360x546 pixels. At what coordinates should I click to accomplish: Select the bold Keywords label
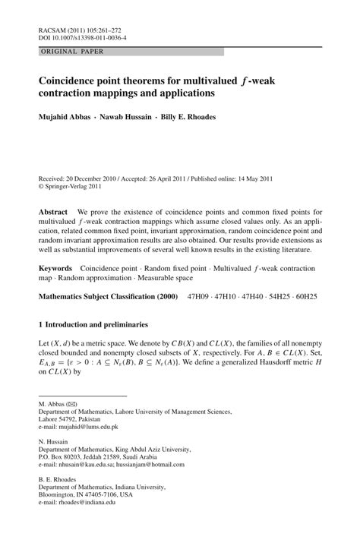(x=55, y=269)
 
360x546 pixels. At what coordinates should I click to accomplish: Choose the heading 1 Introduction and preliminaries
(x=98, y=324)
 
